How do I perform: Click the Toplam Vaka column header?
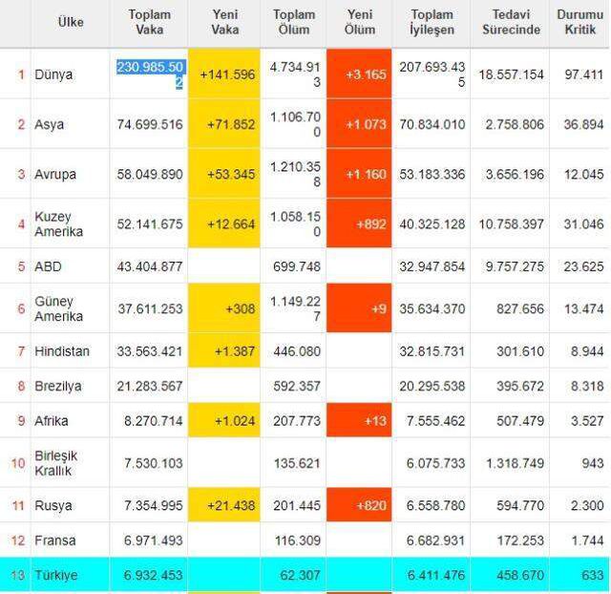(x=150, y=22)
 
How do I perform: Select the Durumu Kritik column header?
(x=580, y=22)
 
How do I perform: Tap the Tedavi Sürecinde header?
(x=512, y=22)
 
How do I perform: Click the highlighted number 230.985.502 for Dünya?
(x=150, y=74)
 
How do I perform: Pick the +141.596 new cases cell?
(x=224, y=74)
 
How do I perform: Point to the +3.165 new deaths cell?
(x=359, y=74)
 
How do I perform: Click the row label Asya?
(x=49, y=124)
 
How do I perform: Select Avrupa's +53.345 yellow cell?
(x=224, y=174)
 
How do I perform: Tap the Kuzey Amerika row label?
(x=59, y=224)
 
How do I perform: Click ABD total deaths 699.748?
(x=297, y=266)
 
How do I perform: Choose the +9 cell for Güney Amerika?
(x=359, y=308)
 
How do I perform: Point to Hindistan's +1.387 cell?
(x=224, y=350)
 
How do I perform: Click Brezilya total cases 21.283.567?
(x=150, y=386)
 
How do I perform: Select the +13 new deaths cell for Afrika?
(x=359, y=420)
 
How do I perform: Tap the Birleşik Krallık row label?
(x=55, y=463)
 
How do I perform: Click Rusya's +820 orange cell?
(x=359, y=505)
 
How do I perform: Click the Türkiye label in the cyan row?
(x=56, y=575)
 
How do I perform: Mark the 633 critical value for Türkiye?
(x=592, y=575)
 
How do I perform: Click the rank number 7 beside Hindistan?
(x=21, y=351)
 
